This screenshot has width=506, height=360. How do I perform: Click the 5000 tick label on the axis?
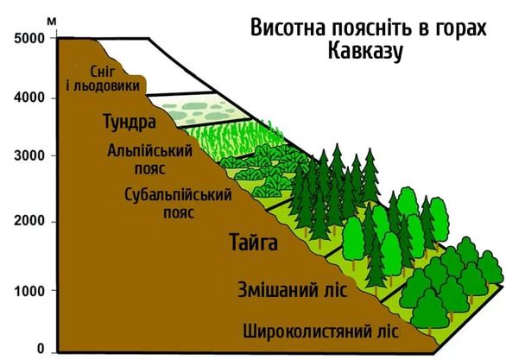(x=29, y=38)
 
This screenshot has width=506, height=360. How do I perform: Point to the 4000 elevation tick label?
(x=29, y=98)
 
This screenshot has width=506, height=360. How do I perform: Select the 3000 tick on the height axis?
(x=29, y=155)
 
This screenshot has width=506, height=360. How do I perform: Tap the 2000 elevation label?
(x=29, y=221)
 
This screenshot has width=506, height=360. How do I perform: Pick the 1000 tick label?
(x=29, y=291)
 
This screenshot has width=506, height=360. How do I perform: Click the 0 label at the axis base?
(x=41, y=349)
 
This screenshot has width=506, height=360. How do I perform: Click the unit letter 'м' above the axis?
(x=52, y=22)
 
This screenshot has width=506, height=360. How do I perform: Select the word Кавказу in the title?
(x=365, y=52)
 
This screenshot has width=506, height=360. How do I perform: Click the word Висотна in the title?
(x=288, y=28)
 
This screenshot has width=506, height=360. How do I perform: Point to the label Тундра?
(x=130, y=122)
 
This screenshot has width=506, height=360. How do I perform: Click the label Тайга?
(x=253, y=242)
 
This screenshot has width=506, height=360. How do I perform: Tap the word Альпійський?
(x=149, y=151)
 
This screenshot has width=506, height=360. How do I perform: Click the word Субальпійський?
(x=178, y=195)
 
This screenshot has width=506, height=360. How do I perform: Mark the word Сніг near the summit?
(x=102, y=72)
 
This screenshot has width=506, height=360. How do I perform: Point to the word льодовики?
(x=106, y=86)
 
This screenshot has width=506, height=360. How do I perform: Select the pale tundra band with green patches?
(x=199, y=110)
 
